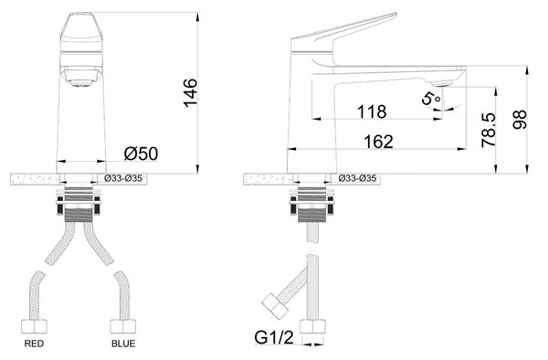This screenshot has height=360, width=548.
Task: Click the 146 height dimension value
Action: pyautogui.click(x=191, y=93)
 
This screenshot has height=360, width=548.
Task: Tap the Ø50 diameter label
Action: pyautogui.click(x=141, y=154)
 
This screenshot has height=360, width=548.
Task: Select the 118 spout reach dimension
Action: pyautogui.click(x=372, y=111)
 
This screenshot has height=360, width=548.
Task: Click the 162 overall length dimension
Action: pyautogui.click(x=378, y=142)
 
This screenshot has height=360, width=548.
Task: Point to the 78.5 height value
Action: pyautogui.click(x=489, y=130)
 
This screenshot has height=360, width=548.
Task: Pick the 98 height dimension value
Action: pyautogui.click(x=520, y=120)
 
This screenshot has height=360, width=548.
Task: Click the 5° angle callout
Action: pyautogui.click(x=430, y=99)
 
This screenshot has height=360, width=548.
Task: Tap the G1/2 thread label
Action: pyautogui.click(x=274, y=338)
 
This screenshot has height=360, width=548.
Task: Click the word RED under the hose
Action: pyautogui.click(x=35, y=344)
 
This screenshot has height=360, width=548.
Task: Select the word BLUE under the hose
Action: pyautogui.click(x=123, y=344)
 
